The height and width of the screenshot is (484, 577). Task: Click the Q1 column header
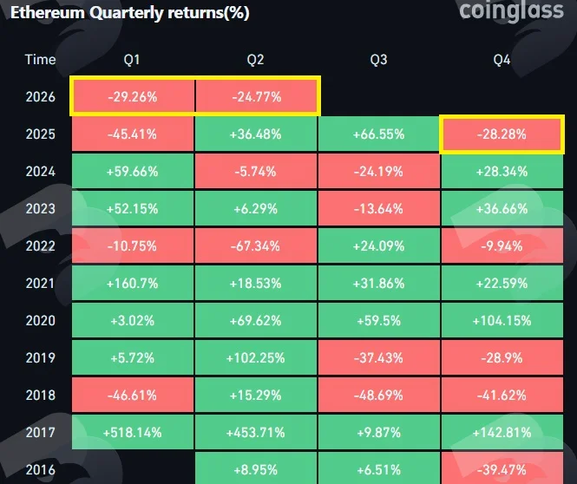coord(132,60)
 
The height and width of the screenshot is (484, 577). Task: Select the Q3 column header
coord(378,60)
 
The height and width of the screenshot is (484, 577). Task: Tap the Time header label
coord(40,60)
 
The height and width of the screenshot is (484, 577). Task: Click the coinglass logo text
coord(511,10)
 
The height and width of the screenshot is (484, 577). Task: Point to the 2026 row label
coord(41,97)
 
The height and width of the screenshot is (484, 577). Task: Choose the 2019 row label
coord(41,358)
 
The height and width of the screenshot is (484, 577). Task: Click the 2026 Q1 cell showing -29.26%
coord(133,97)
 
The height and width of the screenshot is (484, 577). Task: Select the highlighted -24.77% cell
coord(257,97)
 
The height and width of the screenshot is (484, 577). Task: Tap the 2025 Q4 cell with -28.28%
coord(502,134)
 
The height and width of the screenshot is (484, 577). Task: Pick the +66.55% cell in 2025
coord(378,134)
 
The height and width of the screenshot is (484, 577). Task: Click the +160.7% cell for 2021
coord(133,283)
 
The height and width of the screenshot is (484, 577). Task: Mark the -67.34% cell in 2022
coord(256,246)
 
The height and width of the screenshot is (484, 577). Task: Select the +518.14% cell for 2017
coord(133,433)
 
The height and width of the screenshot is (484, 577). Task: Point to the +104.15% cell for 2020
coord(502,321)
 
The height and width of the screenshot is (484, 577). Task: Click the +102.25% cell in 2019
coord(256,358)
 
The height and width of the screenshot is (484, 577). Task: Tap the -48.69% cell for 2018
coord(378,396)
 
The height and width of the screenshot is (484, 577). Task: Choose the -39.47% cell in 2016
coord(502,469)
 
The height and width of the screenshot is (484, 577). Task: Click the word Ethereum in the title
coord(48,13)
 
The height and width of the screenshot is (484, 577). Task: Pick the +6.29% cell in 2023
coord(256,209)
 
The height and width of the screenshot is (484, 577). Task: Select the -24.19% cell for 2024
coord(378,172)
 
